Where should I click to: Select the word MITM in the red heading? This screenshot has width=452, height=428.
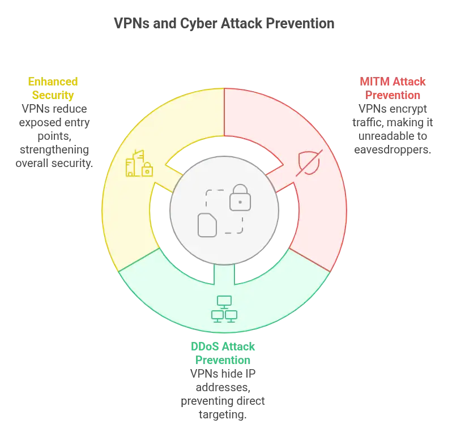tap(370, 82)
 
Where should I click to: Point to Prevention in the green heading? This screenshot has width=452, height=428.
tap(224, 360)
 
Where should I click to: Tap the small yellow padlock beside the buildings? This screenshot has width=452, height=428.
tap(147, 169)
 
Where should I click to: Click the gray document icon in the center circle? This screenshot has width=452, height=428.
tap(207, 225)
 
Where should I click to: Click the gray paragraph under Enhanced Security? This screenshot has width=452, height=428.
tap(56, 136)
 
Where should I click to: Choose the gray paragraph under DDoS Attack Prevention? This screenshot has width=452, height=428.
tap(224, 394)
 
